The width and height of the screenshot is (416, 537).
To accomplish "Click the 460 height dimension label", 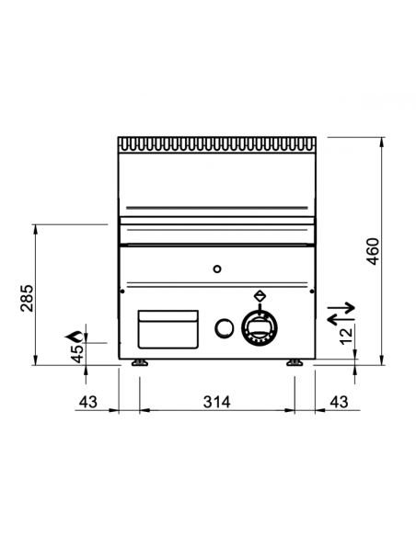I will coord(372,249).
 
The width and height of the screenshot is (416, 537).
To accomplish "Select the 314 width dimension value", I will coord(215,401).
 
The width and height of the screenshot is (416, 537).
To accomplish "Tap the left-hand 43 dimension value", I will coord(88,401).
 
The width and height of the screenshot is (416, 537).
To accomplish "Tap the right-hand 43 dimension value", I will coord(339,401).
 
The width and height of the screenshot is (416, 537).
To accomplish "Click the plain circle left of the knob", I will coord(222,327).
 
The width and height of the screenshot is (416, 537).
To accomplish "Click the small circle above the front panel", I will coord(216,269).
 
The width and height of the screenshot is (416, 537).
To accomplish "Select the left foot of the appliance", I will coord(139,363).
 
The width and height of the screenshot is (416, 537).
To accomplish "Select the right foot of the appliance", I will coord(294,363).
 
